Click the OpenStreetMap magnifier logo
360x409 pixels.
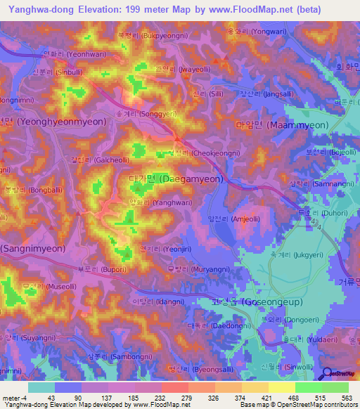(326, 375)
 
